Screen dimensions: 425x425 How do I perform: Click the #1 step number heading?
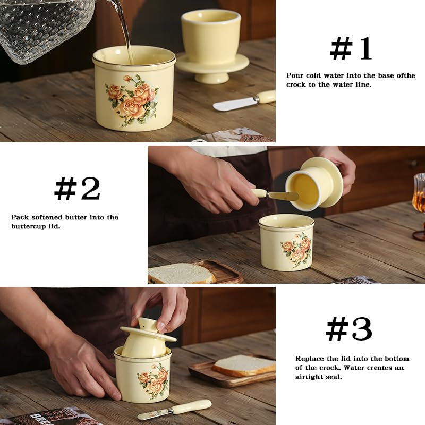pos(351,48)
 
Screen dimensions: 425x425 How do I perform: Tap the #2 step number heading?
pos(77,189)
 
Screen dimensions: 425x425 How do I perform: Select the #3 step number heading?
pos(349,329)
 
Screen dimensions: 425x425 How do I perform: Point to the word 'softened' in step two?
pos(47,217)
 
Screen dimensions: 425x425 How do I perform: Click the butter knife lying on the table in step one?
pos(244,100)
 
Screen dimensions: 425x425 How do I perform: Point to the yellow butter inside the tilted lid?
pos(306,189)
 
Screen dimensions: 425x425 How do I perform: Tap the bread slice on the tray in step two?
pos(182,273)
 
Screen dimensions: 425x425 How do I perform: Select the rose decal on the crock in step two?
pos(297,250)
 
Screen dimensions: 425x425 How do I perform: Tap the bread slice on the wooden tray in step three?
pos(244,365)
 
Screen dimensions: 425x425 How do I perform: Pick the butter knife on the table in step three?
pos(174,410)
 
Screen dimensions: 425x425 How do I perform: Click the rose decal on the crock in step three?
pos(153,381)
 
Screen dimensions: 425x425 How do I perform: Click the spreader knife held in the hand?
pos(274,194)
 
